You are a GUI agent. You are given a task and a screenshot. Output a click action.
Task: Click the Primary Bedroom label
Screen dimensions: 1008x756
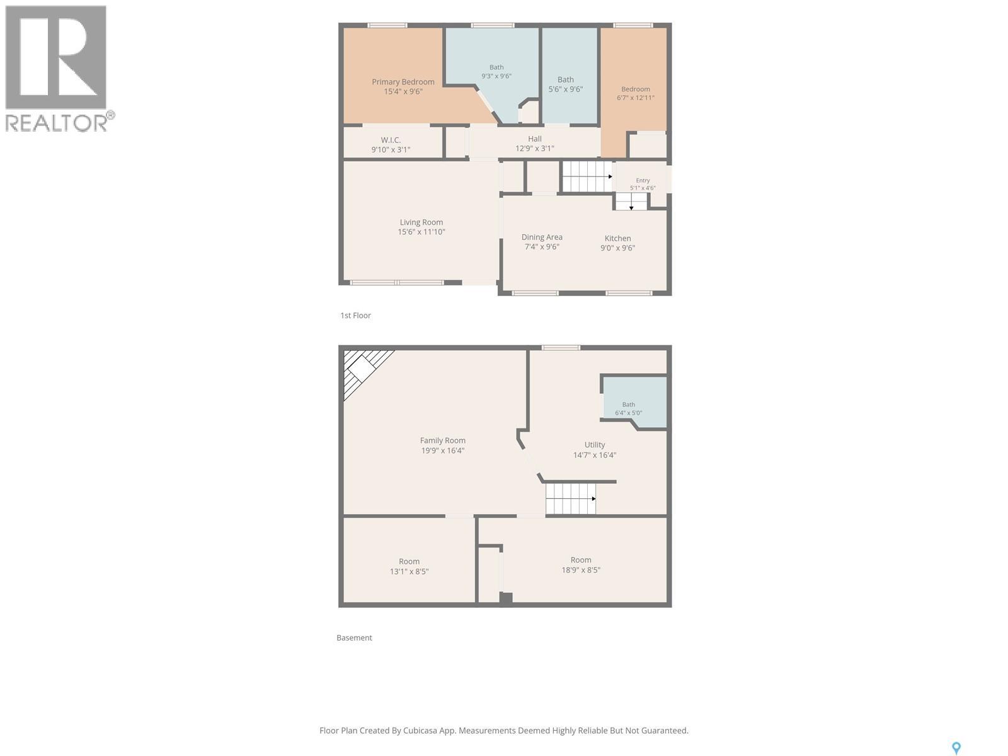pos(403,82)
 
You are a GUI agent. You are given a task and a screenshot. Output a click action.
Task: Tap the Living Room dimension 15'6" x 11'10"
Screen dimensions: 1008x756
pos(421,232)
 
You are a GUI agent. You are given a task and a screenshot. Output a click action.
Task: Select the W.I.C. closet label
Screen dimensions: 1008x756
pos(391,140)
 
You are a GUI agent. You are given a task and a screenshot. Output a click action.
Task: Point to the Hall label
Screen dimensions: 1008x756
pos(534,139)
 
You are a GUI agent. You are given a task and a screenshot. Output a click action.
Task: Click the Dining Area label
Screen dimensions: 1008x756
pos(542,238)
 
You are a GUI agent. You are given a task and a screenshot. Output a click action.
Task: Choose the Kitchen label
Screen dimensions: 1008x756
pos(617,238)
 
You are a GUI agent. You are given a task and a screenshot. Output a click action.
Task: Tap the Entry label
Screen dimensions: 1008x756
pos(643,180)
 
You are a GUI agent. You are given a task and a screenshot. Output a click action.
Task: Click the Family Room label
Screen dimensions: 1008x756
pos(443,440)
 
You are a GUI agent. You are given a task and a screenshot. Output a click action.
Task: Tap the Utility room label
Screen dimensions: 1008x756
pos(595,445)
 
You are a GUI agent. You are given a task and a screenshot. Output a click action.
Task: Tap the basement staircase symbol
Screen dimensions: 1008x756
pos(571,499)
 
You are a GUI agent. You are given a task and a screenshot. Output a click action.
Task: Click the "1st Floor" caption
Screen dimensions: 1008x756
pos(355,316)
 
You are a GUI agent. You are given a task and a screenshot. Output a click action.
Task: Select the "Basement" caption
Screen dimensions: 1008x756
pos(355,638)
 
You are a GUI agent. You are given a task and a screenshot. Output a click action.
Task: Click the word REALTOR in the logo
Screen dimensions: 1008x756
pos(56,123)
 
